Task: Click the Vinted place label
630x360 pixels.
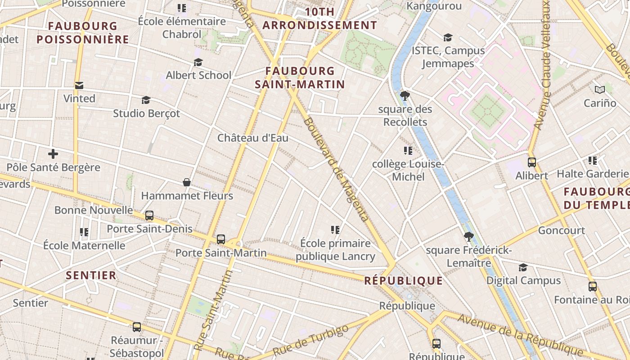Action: tap(79, 99)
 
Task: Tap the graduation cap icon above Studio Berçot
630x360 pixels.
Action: tap(146, 100)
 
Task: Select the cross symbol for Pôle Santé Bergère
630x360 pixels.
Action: tap(53, 154)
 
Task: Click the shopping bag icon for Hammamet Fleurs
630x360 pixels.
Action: tap(187, 182)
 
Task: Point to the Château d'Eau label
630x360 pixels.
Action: tap(253, 138)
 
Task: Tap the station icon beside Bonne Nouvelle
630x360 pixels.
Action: tap(149, 216)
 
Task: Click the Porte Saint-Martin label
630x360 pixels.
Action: tap(221, 253)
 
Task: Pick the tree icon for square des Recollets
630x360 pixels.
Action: tap(405, 95)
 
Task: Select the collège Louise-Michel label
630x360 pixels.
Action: tap(408, 170)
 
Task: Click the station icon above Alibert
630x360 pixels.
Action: tap(532, 162)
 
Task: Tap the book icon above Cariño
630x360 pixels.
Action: tap(600, 90)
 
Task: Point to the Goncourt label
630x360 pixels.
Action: tap(562, 230)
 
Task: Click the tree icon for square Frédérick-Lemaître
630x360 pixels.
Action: tap(469, 237)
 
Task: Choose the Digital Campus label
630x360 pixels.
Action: tap(523, 280)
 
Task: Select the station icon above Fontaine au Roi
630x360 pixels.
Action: tap(593, 286)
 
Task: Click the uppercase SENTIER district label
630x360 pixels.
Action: tap(91, 275)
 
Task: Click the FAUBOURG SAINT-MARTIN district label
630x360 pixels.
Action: tap(300, 77)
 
